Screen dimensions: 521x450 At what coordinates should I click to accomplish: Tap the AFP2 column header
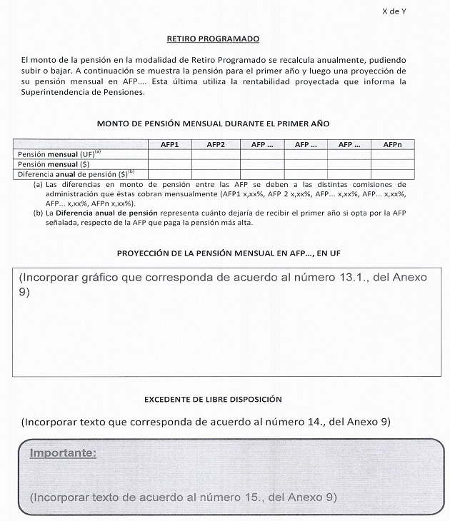coord(216,144)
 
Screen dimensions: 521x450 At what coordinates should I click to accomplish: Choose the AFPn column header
coord(393,144)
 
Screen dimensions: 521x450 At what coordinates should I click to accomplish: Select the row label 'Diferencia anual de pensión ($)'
coord(76,173)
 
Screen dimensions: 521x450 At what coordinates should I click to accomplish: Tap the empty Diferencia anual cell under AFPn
coord(393,173)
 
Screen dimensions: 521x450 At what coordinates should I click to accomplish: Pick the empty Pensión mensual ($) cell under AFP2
coord(216,163)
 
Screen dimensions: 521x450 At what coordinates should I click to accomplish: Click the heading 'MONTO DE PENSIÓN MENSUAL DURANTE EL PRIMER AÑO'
coord(213,123)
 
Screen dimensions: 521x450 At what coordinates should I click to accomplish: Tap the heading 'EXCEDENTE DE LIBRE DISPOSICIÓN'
coord(213,399)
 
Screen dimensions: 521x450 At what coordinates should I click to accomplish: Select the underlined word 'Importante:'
coord(63,453)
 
